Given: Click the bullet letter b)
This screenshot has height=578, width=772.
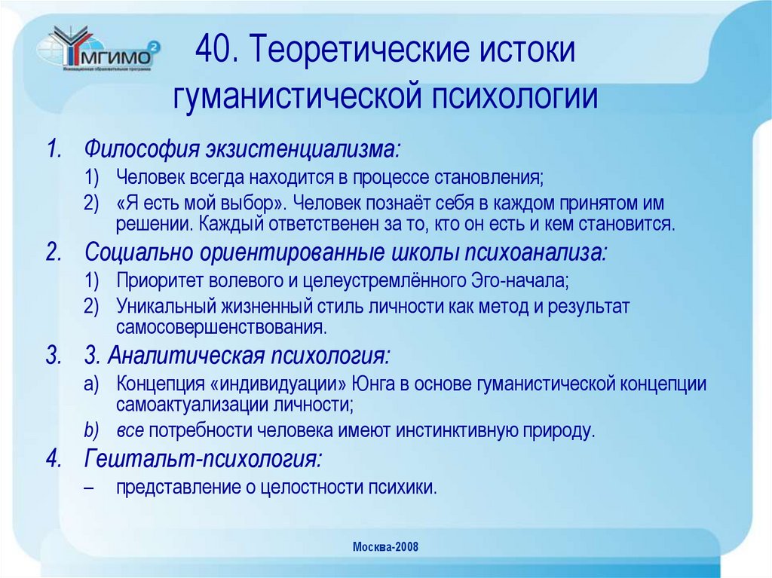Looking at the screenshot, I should [x=91, y=431].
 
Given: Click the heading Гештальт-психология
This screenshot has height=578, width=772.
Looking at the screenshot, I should [x=204, y=458].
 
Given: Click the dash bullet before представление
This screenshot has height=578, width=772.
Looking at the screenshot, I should [x=90, y=487].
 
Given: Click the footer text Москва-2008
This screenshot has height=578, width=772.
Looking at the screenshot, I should [x=385, y=547].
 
